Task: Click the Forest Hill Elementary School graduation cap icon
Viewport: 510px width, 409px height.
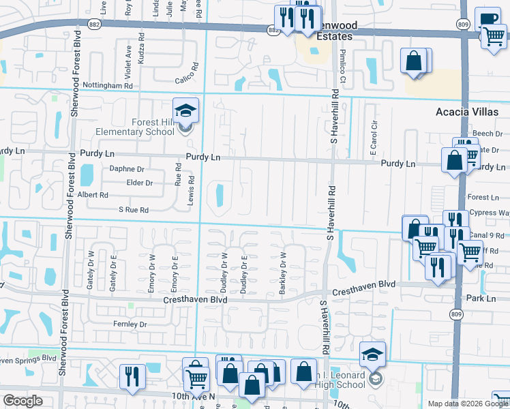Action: (x=184, y=109)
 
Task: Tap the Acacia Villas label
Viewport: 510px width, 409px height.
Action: (x=468, y=112)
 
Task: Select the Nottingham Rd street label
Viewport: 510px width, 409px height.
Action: (x=107, y=86)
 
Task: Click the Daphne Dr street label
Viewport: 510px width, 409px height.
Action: (x=127, y=169)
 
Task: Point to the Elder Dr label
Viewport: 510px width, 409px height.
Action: (x=139, y=183)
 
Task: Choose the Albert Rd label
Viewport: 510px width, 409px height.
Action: (x=93, y=195)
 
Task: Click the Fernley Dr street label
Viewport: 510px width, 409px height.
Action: (x=130, y=324)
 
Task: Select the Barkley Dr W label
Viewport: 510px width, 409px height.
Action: (x=282, y=275)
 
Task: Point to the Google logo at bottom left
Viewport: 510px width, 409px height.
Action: (x=23, y=401)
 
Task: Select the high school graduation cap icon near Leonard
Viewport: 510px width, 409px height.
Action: (x=373, y=353)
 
